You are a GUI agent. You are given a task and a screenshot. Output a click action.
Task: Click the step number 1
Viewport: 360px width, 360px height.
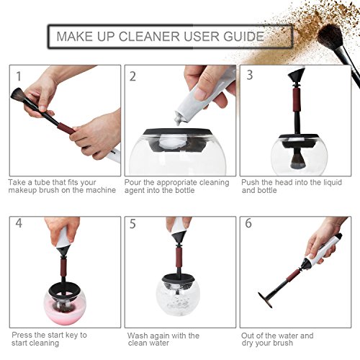[19, 76]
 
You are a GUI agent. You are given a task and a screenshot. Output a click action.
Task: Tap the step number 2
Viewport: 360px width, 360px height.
[132, 76]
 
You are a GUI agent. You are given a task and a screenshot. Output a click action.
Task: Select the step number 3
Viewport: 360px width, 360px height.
[250, 75]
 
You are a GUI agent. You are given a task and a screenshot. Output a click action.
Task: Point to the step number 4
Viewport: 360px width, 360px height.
[19, 223]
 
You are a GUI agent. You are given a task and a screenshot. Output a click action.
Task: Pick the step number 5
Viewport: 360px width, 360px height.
[132, 224]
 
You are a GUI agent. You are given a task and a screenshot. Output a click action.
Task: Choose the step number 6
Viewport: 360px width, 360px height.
[248, 223]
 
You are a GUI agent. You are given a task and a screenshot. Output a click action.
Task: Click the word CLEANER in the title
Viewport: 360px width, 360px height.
[149, 37]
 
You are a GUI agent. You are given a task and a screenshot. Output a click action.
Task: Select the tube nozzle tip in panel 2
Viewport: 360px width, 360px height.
[179, 121]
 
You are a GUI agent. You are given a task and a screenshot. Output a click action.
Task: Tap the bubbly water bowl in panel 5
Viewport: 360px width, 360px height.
[178, 297]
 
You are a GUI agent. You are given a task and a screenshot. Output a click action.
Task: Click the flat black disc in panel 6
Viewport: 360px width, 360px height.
[265, 300]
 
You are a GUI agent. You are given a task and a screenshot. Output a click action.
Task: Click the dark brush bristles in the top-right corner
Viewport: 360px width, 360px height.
[330, 37]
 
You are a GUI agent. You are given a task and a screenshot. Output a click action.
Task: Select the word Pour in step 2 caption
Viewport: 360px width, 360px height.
[132, 183]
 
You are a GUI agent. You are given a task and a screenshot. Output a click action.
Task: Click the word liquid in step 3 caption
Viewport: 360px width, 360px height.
[331, 183]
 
